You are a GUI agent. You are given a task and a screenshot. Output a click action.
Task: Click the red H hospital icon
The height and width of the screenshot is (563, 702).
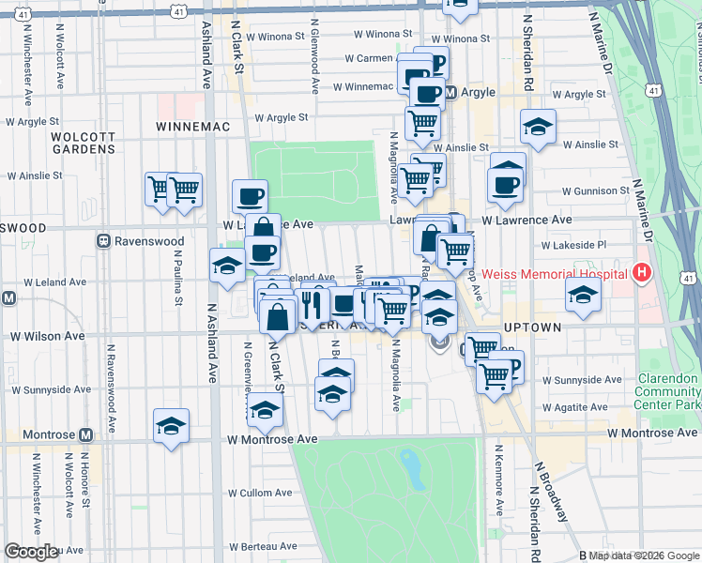point(642,274)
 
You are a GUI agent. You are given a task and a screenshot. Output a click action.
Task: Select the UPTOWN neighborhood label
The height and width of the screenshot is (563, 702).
point(531,327)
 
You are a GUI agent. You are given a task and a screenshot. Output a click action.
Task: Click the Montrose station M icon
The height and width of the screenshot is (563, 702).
point(86,434)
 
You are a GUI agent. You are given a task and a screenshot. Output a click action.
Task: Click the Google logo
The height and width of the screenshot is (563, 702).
point(32,552)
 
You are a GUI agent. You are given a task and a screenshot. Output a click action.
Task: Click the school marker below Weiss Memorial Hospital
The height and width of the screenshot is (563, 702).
point(583,295)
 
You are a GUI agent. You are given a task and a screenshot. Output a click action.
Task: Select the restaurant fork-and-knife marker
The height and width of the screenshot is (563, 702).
point(312,304)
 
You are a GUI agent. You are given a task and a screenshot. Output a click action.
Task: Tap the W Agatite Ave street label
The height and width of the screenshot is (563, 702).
point(576,408)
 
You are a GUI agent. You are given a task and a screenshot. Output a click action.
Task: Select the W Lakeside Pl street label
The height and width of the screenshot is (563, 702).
point(574,245)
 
